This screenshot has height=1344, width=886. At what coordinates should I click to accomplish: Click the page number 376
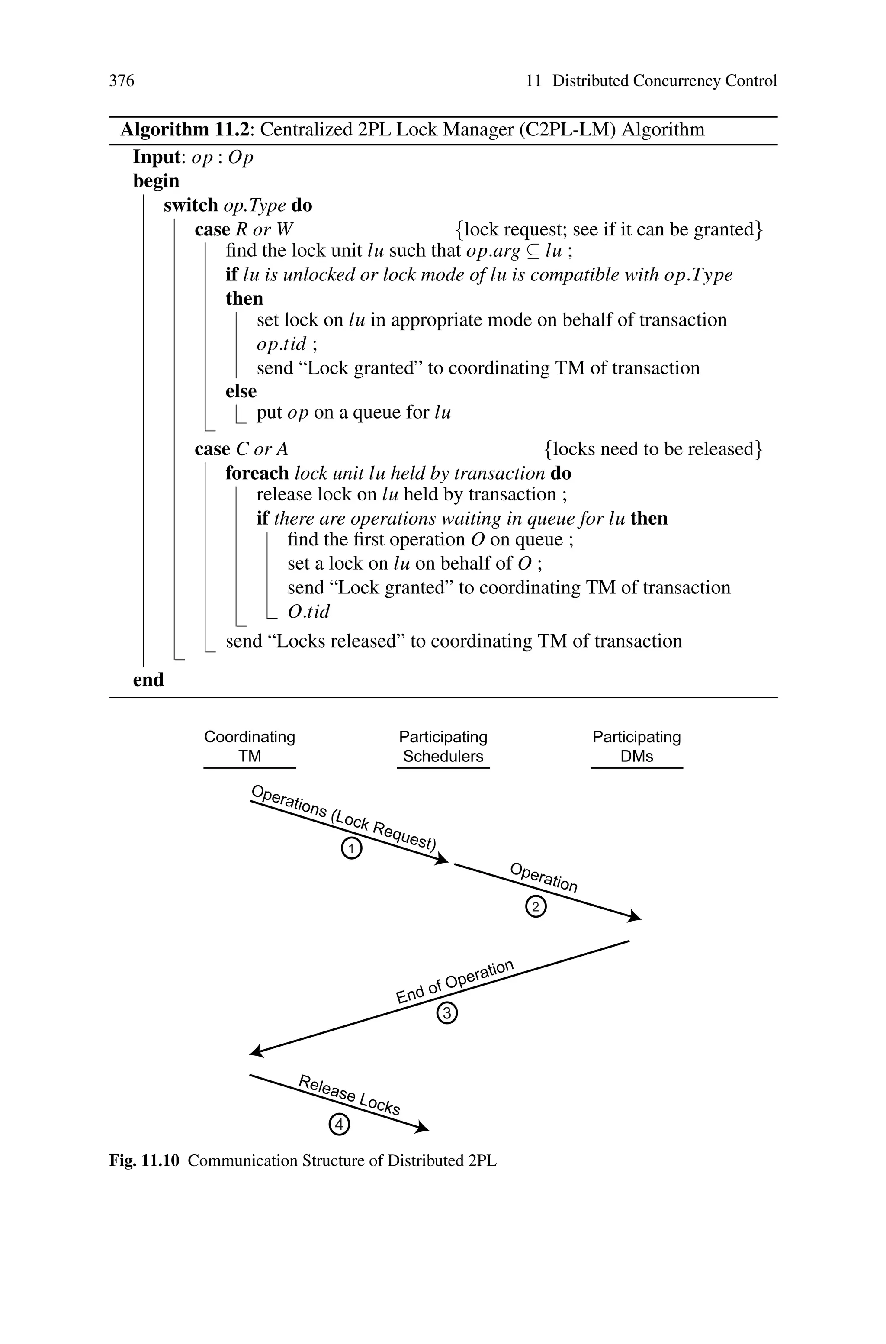(122, 81)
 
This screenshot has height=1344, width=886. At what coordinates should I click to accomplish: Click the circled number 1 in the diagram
(351, 849)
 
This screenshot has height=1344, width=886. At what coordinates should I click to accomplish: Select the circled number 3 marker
(447, 1013)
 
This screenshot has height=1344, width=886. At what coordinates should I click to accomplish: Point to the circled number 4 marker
(339, 1125)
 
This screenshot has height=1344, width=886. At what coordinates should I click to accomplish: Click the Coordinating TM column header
(250, 746)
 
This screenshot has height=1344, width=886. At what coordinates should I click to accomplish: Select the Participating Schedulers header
(443, 746)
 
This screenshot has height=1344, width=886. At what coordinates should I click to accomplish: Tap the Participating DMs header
(636, 746)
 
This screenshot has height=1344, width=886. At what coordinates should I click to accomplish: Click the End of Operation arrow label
(454, 982)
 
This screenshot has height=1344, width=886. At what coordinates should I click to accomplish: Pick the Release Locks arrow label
(349, 1095)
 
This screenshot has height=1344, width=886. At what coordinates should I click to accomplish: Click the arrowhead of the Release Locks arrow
(422, 1128)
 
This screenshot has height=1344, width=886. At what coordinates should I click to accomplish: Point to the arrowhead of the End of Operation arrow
(257, 1052)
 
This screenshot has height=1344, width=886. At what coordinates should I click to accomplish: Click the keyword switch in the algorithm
(190, 205)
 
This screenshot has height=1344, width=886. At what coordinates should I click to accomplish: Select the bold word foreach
(257, 473)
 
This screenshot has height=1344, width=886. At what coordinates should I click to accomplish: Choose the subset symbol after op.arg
(533, 251)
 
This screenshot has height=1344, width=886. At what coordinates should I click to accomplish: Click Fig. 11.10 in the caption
(144, 1161)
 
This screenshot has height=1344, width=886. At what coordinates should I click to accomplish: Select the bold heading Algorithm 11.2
(184, 130)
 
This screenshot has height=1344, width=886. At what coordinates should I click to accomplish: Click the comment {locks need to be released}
(653, 449)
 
